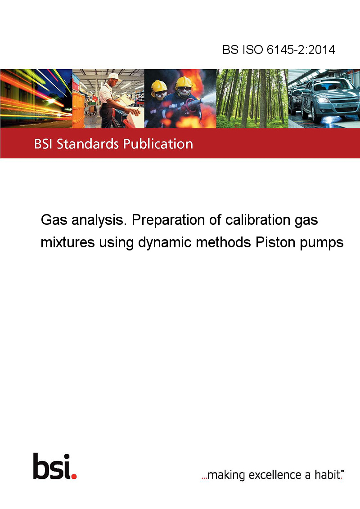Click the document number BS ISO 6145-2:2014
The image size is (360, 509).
coord(279,49)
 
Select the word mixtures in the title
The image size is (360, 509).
coord(67,242)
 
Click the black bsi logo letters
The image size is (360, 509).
coord(52,466)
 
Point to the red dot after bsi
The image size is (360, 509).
coord(74,476)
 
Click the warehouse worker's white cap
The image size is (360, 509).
coord(114,76)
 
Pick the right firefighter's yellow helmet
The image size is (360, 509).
coord(184,82)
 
